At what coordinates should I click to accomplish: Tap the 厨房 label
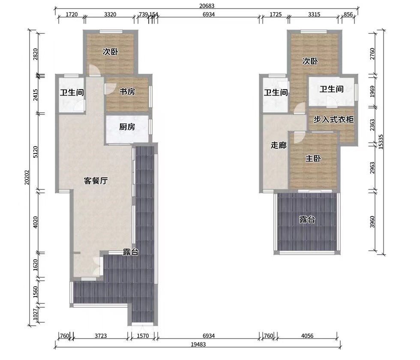pos(127,127)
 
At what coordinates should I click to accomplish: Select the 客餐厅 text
pos(96,181)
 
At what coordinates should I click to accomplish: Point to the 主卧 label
pos(313,159)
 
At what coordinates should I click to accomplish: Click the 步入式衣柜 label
pos(333,120)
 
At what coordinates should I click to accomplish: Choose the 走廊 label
pos(279,145)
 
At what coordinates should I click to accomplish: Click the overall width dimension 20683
pos(207,6)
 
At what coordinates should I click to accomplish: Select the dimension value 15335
pos(381,141)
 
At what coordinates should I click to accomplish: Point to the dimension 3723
pos(101,336)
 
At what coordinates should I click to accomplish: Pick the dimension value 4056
pos(307,336)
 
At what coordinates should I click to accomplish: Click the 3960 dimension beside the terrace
pos(372,222)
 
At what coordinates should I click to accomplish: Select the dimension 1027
pos(36,316)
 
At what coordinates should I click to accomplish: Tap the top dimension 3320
pos(110,15)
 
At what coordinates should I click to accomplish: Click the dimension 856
pos(348,15)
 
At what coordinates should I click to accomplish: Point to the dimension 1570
pos(143,336)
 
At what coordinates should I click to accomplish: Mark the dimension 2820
pos(36,54)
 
